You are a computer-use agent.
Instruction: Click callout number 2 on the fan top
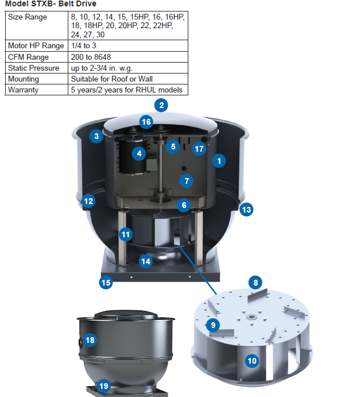(162, 105)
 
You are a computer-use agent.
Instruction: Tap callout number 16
(146, 122)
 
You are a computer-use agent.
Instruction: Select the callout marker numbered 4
(138, 153)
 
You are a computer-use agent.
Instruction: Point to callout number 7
(185, 180)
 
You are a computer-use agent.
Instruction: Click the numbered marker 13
(246, 210)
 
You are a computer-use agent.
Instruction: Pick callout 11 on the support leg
(126, 234)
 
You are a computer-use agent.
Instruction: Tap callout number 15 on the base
(106, 283)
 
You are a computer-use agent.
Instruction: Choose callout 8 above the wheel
(256, 282)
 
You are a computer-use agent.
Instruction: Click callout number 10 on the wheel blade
(252, 361)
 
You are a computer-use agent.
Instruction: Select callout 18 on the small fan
(90, 340)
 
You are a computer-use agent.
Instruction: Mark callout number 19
(103, 386)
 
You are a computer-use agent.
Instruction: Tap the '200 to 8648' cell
(91, 57)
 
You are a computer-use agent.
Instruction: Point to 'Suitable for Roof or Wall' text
(111, 79)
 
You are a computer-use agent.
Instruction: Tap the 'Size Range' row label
(28, 17)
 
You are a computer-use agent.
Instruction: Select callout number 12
(88, 201)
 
